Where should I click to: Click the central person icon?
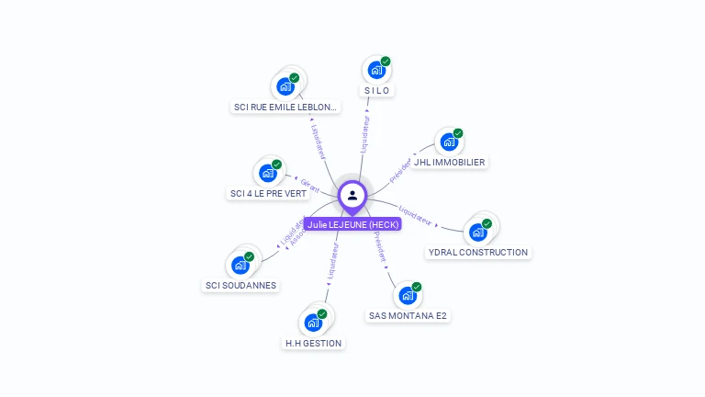coord(352,195)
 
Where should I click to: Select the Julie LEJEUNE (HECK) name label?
coord(352,224)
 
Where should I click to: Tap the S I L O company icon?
coord(375,70)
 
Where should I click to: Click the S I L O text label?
coord(377,91)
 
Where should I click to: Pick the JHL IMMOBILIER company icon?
coord(449,142)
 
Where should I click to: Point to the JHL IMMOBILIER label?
coord(449,163)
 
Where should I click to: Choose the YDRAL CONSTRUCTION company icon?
coord(477,232)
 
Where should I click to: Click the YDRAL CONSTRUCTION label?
coord(478,252)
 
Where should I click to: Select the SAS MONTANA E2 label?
coord(408,316)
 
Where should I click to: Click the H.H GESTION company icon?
coord(313,323)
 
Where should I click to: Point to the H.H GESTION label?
coord(313,344)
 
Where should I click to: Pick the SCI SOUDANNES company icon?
coord(240,265)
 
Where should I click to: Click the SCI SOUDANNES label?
coord(241,285)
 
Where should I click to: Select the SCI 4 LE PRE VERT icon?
coord(267,173)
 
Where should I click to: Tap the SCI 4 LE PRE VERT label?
coord(268,194)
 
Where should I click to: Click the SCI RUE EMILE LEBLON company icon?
coord(285,87)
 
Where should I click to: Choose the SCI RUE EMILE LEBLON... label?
coord(285,108)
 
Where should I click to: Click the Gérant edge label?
coord(310,185)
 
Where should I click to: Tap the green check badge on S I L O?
coord(386,62)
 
